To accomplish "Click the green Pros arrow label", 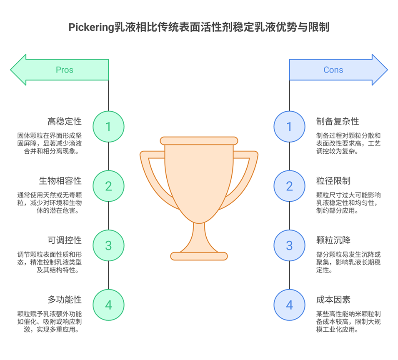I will pos(65,70).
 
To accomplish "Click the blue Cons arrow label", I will pos(333,70).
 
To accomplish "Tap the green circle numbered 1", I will pos(108,126).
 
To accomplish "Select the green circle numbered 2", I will pos(108,186).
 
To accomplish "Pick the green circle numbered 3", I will pos(108,245).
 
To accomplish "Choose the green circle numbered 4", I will pos(108,305).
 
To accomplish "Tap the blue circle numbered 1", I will pos(289,126).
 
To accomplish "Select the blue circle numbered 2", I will pos(289,186).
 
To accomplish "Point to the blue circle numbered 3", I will pos(289,245).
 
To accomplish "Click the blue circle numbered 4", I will pos(289,305).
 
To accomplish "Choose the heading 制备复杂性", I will pos(338,122).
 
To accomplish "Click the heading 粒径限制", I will pos(333,181).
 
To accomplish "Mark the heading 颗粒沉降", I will pos(333,240).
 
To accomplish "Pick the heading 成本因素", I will pos(333,300).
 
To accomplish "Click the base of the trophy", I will pos(199,256).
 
